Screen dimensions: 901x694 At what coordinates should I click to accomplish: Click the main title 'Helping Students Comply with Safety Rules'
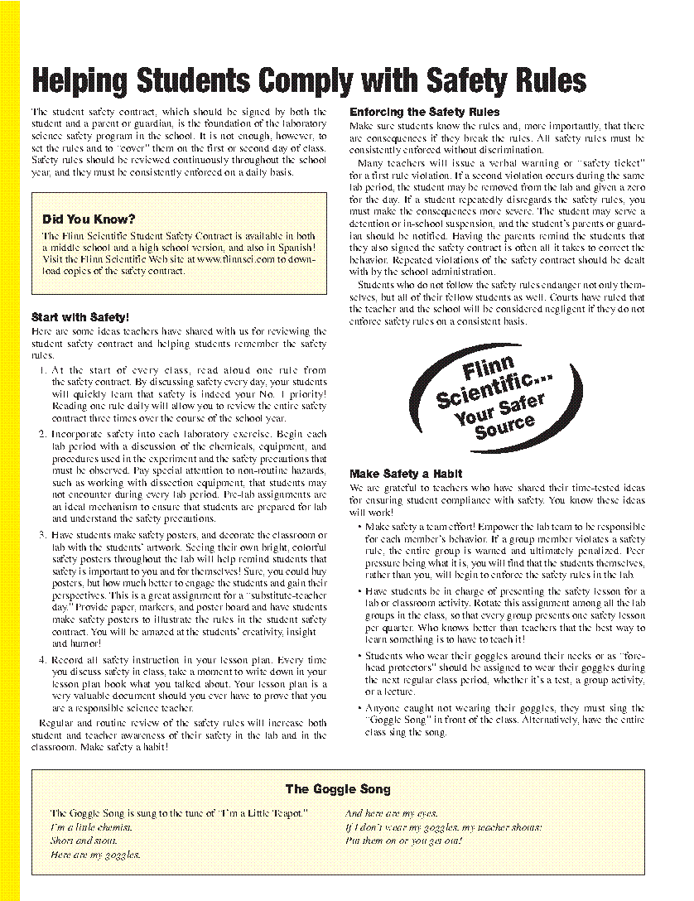point(308,81)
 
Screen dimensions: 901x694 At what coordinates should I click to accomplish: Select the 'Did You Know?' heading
point(89,219)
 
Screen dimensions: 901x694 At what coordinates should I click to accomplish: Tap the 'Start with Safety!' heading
point(80,316)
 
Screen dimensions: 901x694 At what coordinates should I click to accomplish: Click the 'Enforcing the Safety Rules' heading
point(425,112)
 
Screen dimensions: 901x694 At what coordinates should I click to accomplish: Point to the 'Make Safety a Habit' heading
point(406,474)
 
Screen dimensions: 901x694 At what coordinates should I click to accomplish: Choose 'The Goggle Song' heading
point(338,789)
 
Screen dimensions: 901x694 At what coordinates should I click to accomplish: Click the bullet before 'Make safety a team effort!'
point(359,527)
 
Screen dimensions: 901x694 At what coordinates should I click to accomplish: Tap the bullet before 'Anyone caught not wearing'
point(359,708)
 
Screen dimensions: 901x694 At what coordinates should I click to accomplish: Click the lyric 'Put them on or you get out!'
point(403,841)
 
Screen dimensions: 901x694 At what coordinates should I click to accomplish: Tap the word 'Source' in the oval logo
point(505,426)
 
